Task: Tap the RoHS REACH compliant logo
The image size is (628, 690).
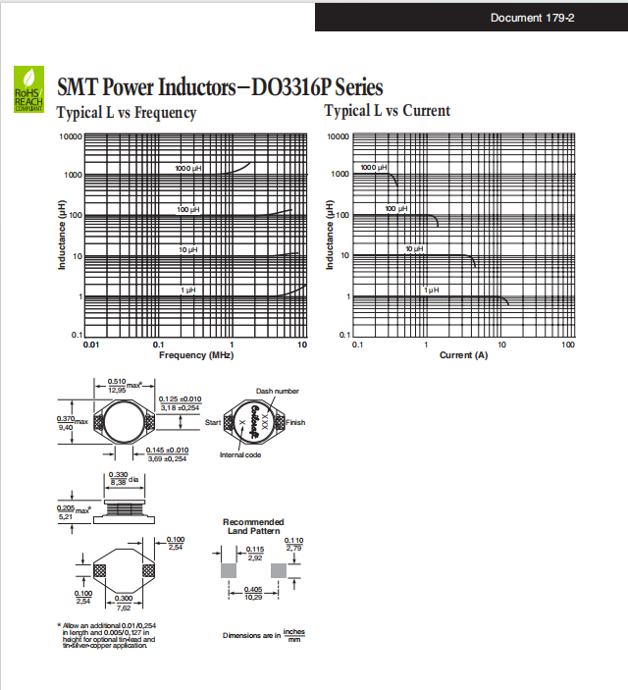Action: coord(26,88)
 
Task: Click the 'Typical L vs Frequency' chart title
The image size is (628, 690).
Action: coord(127,113)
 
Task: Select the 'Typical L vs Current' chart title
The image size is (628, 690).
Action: coord(388,111)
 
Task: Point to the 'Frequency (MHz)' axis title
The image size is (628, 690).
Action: coord(196,354)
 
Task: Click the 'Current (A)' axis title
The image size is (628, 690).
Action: coord(463,354)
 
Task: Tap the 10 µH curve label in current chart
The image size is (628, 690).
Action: coord(414,249)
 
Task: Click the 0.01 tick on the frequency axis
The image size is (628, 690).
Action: coord(90,345)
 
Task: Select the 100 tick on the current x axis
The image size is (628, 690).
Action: coord(568,345)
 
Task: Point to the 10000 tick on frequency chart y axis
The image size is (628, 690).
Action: coord(70,136)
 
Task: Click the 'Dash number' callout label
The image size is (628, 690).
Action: coord(278,391)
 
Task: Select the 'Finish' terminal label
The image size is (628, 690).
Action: coord(295,422)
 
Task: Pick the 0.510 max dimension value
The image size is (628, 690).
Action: coord(117,385)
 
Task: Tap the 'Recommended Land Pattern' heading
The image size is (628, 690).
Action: coord(253,526)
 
